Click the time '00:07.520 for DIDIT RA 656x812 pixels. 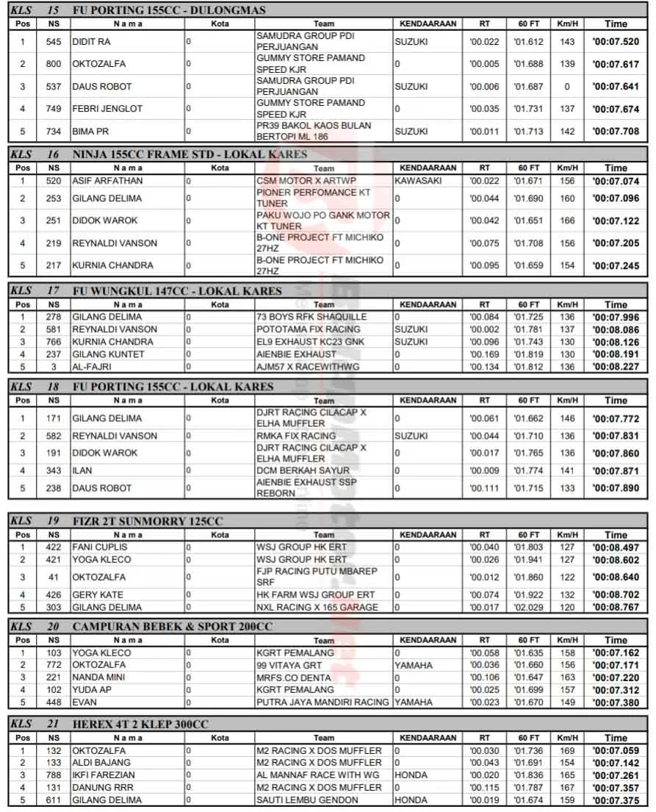point(616,42)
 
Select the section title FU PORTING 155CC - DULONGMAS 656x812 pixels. point(169,10)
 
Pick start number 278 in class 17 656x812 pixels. point(54,317)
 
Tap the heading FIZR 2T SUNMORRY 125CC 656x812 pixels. point(148,521)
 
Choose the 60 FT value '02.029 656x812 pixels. point(528,608)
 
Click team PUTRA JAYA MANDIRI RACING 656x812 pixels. point(322,703)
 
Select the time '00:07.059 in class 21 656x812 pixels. point(616,751)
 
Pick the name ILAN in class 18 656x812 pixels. point(82,471)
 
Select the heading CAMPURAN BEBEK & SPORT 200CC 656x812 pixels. point(172,626)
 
